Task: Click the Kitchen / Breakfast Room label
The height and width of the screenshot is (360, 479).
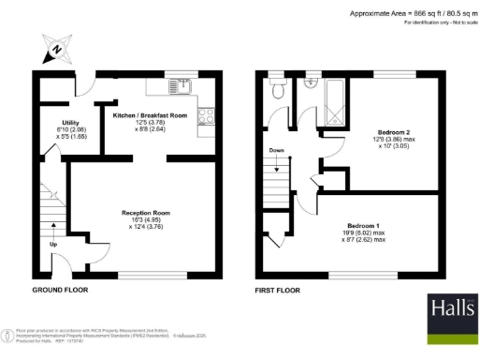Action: [x=149, y=113]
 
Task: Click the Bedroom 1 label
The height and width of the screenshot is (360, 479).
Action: [x=362, y=227]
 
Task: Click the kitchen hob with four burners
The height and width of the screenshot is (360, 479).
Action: [x=207, y=117]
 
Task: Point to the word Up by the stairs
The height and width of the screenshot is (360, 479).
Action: [x=52, y=245]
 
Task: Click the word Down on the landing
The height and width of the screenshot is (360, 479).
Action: [x=276, y=149]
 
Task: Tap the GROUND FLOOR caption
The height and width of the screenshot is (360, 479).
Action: [x=60, y=291]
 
